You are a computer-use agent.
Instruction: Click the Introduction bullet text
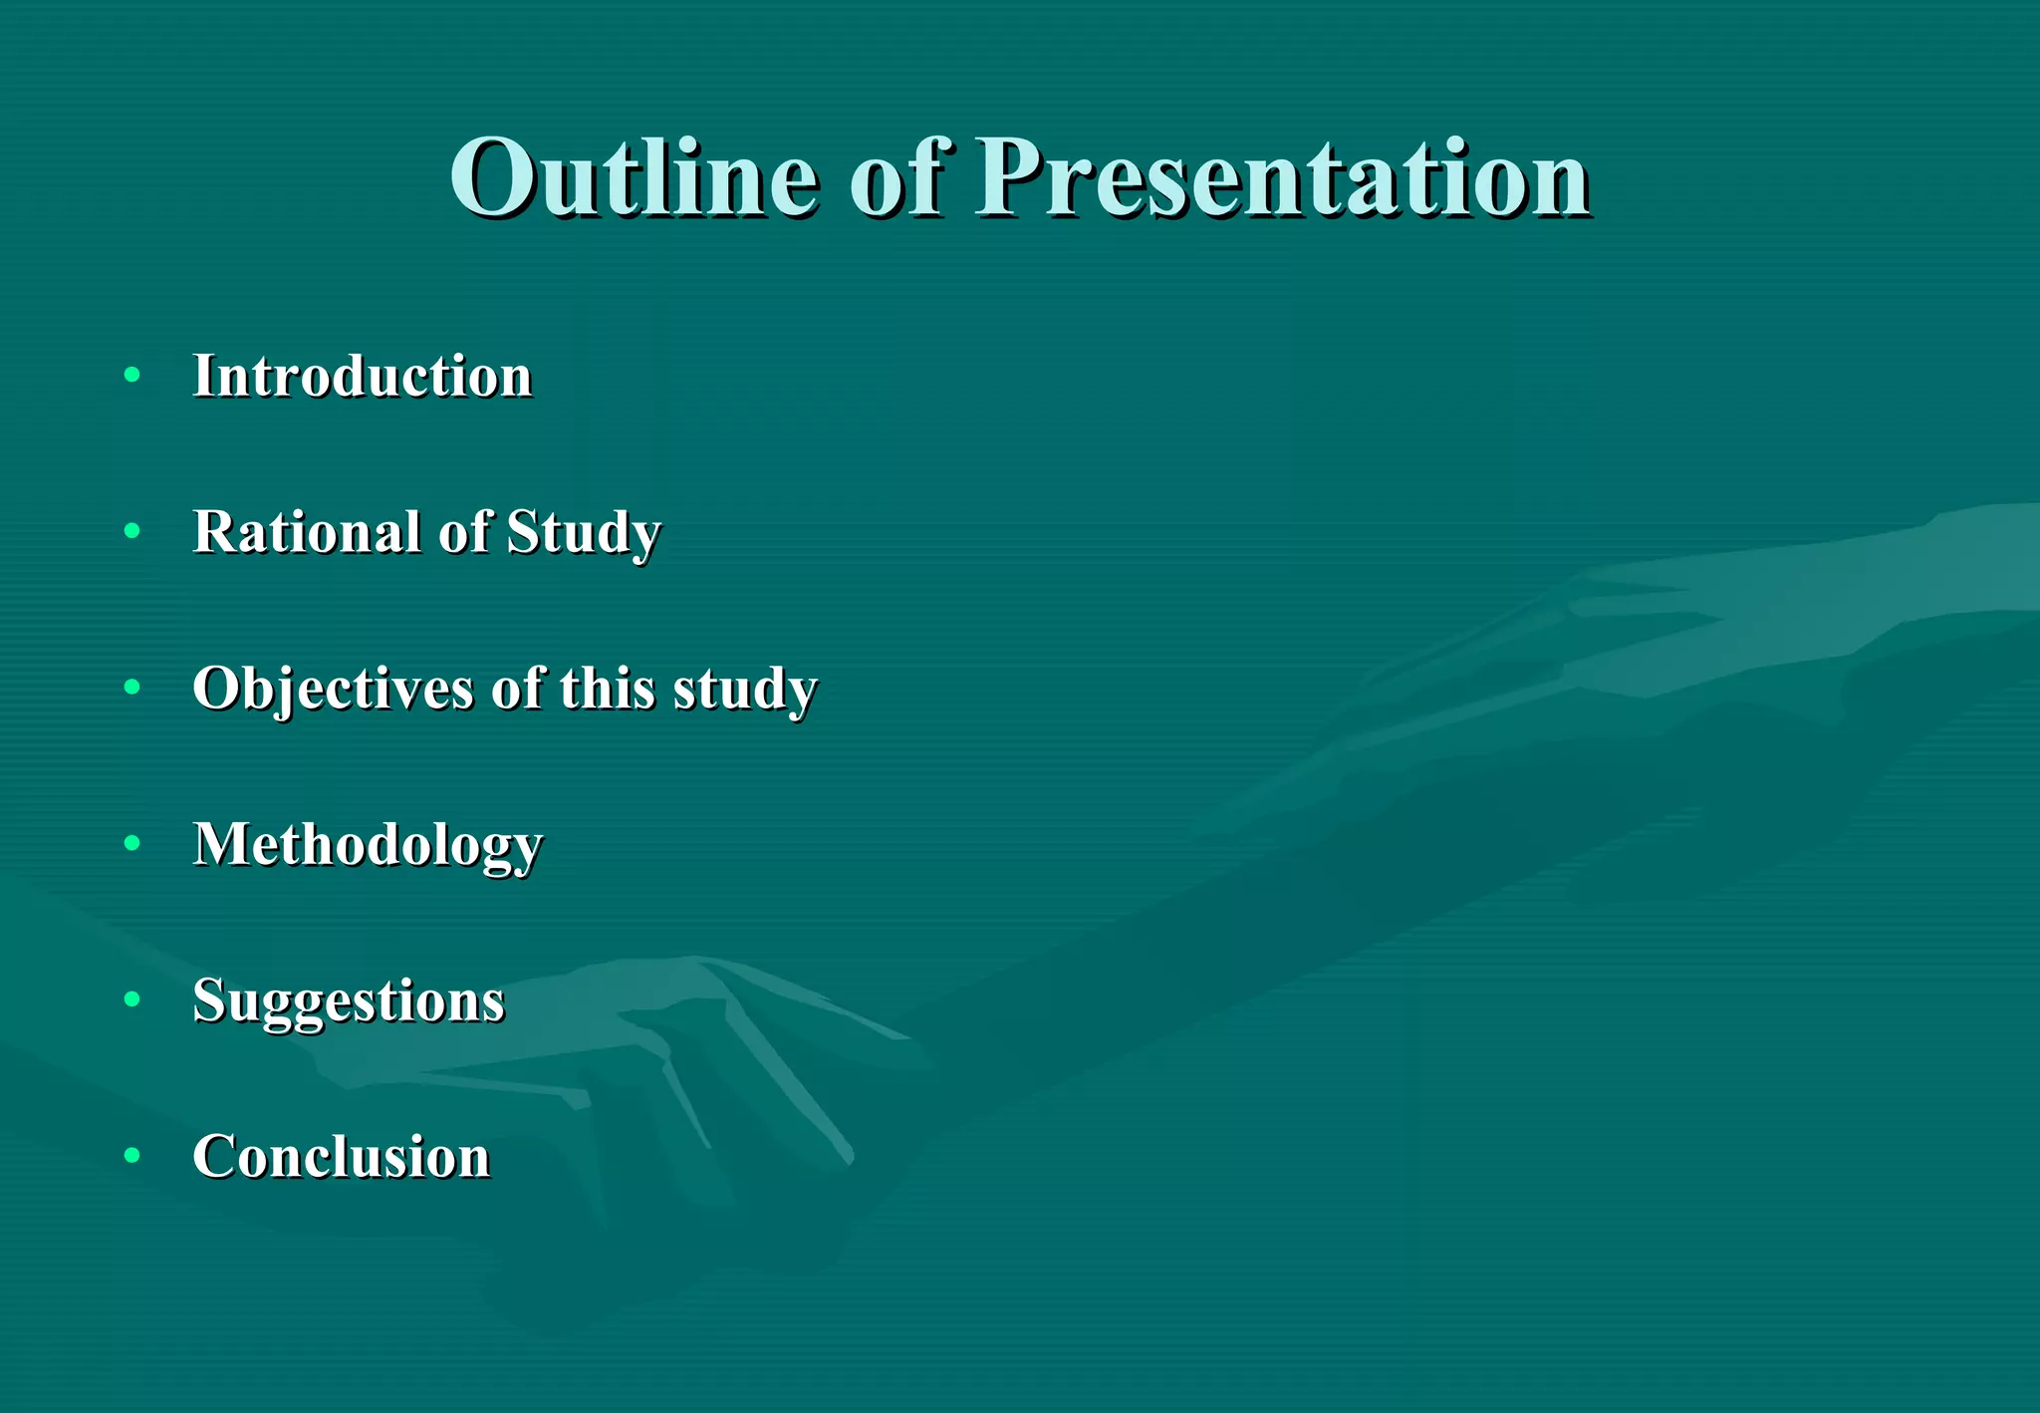pyautogui.click(x=363, y=377)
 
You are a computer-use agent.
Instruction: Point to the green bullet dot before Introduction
pyautogui.click(x=132, y=376)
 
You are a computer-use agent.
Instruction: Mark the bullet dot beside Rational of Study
pyautogui.click(x=132, y=531)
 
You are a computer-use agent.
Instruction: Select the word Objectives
pyautogui.click(x=333, y=689)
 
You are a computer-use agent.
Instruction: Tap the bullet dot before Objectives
pyautogui.click(x=132, y=688)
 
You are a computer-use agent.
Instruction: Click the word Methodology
pyautogui.click(x=368, y=845)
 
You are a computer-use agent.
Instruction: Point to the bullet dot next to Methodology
pyautogui.click(x=132, y=843)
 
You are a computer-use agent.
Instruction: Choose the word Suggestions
pyautogui.click(x=349, y=1000)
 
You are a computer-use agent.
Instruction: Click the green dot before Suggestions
pyautogui.click(x=132, y=998)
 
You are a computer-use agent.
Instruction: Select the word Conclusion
pyautogui.click(x=342, y=1156)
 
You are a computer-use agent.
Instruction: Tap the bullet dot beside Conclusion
pyautogui.click(x=132, y=1155)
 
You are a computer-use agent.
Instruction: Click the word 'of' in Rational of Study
pyautogui.click(x=465, y=531)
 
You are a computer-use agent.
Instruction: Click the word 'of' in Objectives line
pyautogui.click(x=517, y=688)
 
